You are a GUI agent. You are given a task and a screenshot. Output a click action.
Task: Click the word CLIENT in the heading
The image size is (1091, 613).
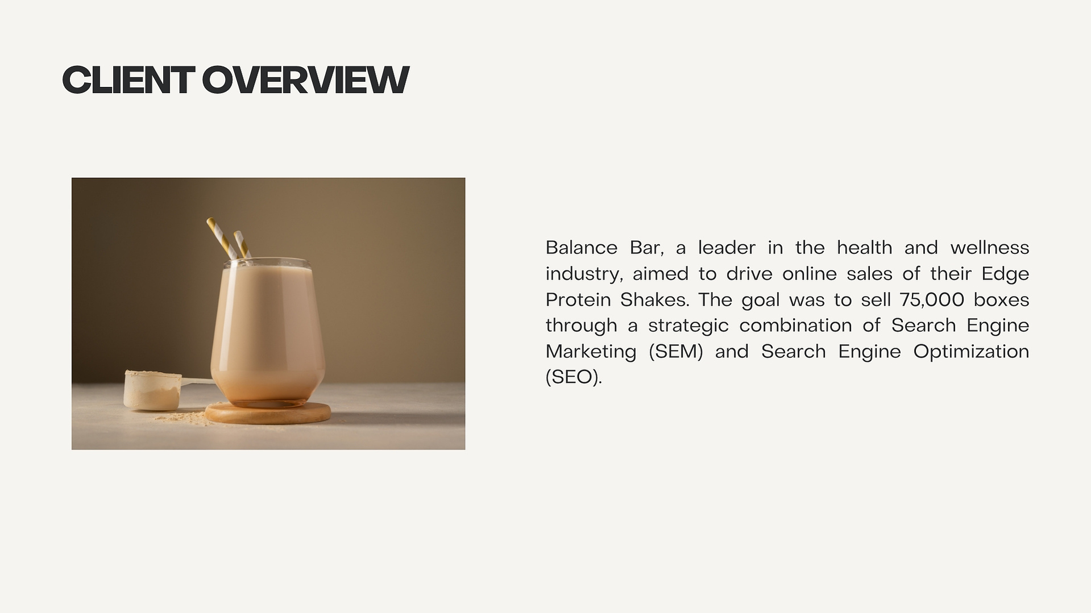click(128, 80)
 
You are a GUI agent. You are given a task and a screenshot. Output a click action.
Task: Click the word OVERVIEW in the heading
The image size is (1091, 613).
click(305, 80)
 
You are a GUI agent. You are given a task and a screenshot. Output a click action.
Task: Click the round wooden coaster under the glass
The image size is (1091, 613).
click(267, 412)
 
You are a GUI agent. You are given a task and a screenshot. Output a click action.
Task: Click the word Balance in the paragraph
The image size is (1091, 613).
click(581, 248)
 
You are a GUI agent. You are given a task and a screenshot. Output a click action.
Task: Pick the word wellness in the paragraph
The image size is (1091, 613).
click(990, 248)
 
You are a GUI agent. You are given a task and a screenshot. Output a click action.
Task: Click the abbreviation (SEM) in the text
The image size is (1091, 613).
click(676, 352)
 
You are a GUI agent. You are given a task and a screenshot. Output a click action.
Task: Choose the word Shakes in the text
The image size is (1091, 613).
click(654, 299)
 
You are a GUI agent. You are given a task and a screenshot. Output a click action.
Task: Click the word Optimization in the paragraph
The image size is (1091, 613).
click(971, 352)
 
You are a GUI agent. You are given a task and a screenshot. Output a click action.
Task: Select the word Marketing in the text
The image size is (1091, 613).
click(591, 352)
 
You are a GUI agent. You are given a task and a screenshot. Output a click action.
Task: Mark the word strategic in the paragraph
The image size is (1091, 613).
click(688, 326)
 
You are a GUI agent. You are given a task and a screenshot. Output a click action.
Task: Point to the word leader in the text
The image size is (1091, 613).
click(727, 248)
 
